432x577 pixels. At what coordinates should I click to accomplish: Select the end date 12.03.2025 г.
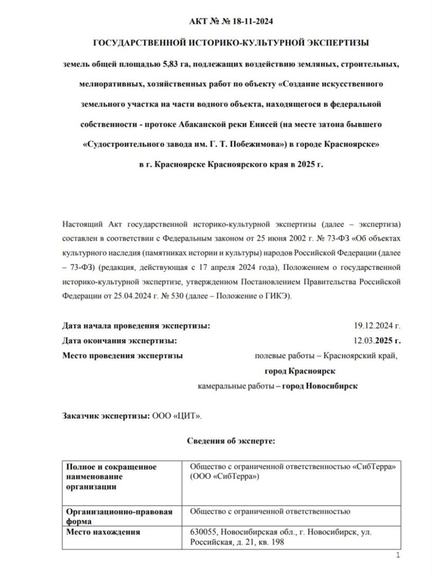click(377, 341)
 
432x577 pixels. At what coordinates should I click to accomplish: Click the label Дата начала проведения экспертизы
click(136, 326)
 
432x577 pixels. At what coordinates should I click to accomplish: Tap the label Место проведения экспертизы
click(122, 356)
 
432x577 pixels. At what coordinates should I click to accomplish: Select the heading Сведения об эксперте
click(231, 441)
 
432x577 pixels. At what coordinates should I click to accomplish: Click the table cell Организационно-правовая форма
click(119, 517)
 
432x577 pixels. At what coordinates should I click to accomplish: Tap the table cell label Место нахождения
click(103, 532)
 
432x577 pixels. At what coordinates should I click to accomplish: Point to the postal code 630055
click(203, 532)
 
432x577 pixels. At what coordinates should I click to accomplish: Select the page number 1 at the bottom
click(398, 555)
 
